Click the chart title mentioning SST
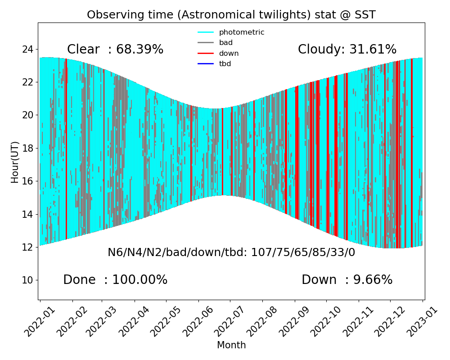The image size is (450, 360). (x=231, y=15)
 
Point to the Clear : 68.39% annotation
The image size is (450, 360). (x=115, y=49)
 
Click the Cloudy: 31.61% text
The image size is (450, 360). (x=347, y=49)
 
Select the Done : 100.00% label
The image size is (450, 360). (x=115, y=280)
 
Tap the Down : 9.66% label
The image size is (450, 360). (x=347, y=280)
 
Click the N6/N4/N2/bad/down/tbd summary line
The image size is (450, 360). (x=231, y=252)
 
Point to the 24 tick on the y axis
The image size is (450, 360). (x=27, y=49)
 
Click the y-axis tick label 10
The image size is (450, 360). (x=27, y=280)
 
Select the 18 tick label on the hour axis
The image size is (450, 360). (x=27, y=148)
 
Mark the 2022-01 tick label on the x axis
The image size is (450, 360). (x=38, y=321)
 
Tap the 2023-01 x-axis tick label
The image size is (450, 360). (x=421, y=321)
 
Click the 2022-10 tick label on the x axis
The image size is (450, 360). (x=324, y=321)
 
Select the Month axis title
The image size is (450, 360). (x=231, y=345)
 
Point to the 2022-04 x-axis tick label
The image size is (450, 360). (x=132, y=321)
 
